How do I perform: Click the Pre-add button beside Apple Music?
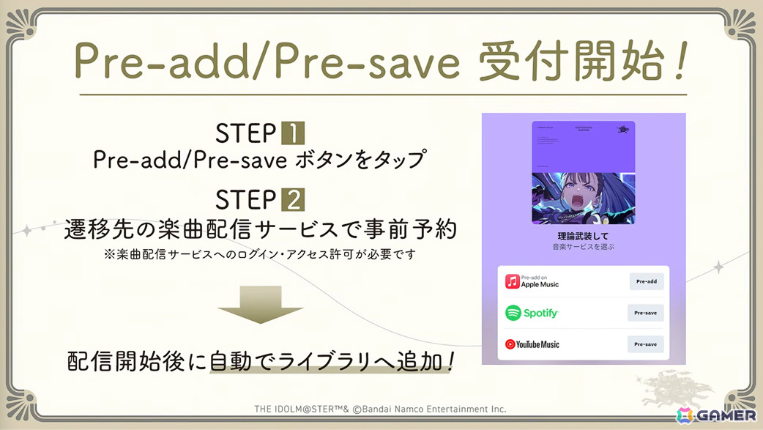coord(646,281)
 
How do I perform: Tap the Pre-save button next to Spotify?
coord(645,313)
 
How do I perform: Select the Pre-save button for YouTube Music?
coord(645,344)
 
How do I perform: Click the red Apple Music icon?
coord(513,281)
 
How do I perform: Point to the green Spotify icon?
coord(513,313)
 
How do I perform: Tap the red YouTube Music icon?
coord(510,344)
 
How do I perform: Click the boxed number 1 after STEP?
coord(293,134)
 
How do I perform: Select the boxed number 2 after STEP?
coord(293,199)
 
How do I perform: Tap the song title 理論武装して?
coord(583,236)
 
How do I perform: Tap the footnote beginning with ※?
coord(261,254)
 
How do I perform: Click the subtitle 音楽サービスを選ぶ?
coord(583,248)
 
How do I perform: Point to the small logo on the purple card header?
coord(623,130)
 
